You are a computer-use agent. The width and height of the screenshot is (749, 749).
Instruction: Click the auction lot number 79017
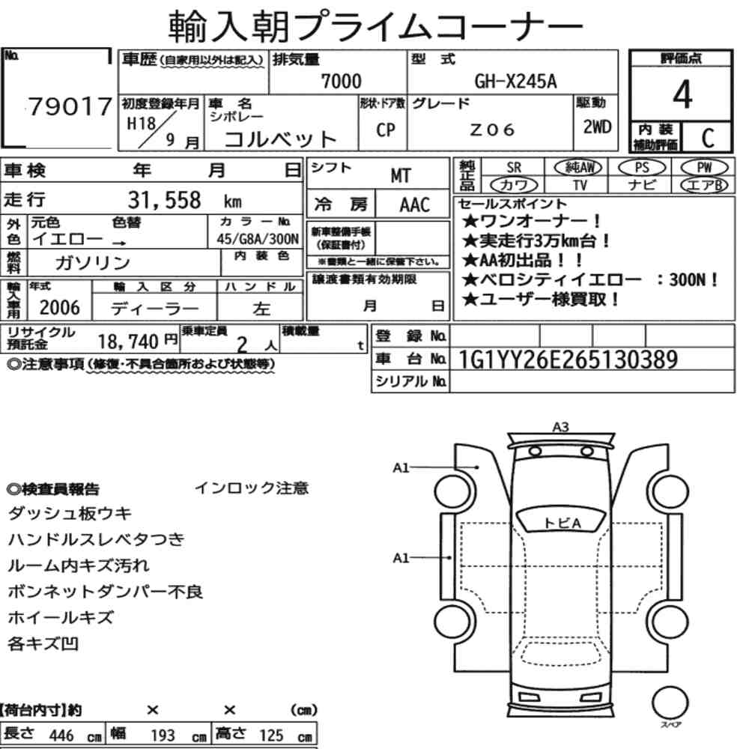[70, 106]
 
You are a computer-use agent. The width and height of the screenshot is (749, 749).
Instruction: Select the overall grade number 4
[682, 94]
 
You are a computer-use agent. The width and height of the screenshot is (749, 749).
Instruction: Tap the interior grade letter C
[708, 138]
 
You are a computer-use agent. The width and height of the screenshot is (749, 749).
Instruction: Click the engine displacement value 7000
[341, 81]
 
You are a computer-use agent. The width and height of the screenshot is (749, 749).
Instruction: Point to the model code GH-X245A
[515, 81]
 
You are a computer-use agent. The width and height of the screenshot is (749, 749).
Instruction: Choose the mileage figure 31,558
[164, 200]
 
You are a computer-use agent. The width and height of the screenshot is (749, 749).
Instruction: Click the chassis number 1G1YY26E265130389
[568, 360]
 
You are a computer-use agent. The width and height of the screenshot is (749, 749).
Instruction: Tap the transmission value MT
[400, 176]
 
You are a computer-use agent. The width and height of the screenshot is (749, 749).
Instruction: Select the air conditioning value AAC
[415, 205]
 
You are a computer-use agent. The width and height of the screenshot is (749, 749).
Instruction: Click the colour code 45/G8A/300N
[258, 239]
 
